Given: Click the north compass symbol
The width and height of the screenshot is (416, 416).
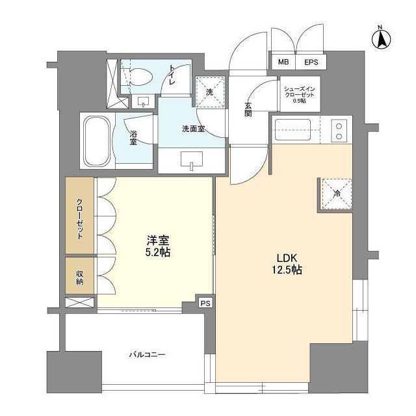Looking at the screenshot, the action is (382, 40).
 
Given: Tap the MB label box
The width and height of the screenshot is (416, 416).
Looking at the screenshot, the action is (283, 62).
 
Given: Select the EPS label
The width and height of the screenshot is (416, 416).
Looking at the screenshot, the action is (311, 62).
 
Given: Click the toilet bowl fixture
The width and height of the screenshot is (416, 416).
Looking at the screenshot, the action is (137, 77).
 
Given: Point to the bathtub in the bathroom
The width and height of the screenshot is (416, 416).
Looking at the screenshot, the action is (96, 140).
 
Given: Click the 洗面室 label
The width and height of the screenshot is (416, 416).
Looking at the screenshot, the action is (194, 129).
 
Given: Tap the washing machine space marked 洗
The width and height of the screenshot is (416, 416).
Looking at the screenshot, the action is (210, 92).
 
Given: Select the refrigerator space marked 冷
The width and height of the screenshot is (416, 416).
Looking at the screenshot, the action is (337, 194).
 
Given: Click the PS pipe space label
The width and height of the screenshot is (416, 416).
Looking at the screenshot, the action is (205, 304).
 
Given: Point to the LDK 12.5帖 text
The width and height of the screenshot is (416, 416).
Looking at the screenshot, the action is (287, 264).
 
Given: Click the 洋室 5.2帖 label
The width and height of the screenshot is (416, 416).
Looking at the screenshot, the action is (158, 246).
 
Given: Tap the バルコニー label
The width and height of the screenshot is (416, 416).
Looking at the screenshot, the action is (148, 355).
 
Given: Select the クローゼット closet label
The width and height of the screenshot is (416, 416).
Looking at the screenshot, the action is (79, 218).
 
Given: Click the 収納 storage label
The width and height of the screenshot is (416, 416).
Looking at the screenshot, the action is (79, 278).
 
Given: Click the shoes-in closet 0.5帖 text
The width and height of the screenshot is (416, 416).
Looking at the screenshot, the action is (299, 95).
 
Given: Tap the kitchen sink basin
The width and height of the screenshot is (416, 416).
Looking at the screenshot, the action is (293, 130).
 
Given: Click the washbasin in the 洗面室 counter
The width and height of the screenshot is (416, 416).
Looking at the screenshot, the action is (192, 160).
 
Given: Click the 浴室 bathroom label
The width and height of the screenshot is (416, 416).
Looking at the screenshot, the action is (133, 138).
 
